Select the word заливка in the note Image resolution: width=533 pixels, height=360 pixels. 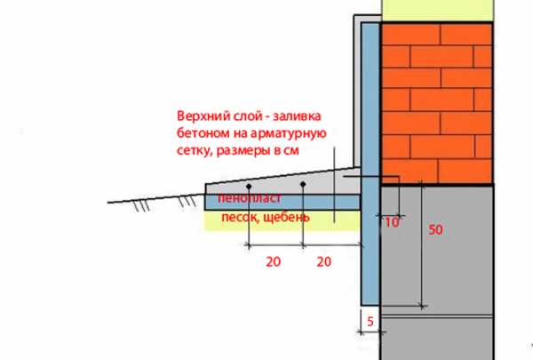pos(297,116)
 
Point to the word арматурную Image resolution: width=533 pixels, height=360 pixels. pos(288,133)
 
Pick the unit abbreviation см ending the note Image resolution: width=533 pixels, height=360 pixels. pos(291,150)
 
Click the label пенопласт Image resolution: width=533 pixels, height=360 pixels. pos(250,198)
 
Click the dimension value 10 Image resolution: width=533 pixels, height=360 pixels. pos(392,222)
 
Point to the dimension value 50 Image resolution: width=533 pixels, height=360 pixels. pos(435,229)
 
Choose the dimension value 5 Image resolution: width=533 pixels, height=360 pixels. pos(370,321)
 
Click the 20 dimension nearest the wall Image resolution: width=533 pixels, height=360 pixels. pos(324,261)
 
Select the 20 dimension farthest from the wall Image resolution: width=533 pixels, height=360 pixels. pos(274,261)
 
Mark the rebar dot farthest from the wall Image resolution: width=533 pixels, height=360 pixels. pos(249,187)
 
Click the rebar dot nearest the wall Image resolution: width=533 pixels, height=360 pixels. pos(303,184)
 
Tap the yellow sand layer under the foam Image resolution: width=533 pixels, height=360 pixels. pos(282,220)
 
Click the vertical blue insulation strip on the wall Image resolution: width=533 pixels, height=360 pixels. pos(370,164)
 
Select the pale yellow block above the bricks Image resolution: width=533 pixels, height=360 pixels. pos(437,10)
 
